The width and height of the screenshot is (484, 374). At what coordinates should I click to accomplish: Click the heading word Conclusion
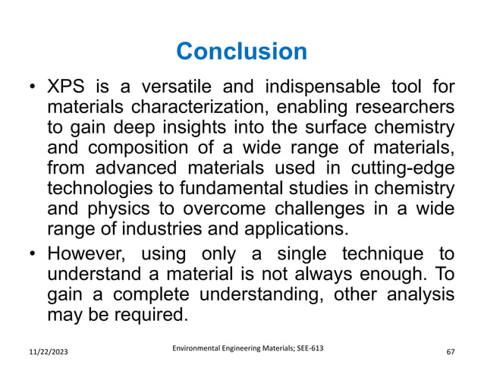coord(241,52)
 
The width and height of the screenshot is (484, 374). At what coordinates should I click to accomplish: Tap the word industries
coord(164,228)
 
